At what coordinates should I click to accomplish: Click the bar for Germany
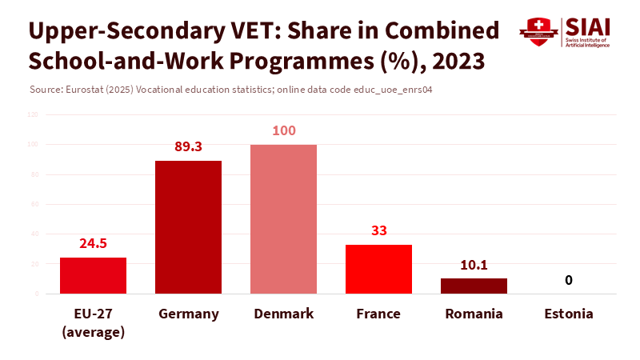tap(188, 227)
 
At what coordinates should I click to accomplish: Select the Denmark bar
tap(283, 219)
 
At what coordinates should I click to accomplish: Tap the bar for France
tap(378, 269)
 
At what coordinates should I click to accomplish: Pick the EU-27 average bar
tap(93, 275)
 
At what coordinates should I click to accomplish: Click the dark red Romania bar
tap(474, 286)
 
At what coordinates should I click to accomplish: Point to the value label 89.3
tap(188, 146)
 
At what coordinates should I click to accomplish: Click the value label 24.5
tap(93, 243)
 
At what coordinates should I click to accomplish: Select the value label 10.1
tap(474, 264)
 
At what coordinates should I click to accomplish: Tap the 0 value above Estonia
tap(569, 280)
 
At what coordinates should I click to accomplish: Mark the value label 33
tap(378, 230)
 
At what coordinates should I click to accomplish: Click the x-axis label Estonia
tap(569, 314)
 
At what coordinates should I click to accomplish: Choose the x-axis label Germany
tap(188, 314)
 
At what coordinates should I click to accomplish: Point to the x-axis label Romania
tap(474, 314)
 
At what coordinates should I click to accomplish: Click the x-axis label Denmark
tap(283, 314)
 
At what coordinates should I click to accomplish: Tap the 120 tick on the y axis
tap(33, 114)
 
